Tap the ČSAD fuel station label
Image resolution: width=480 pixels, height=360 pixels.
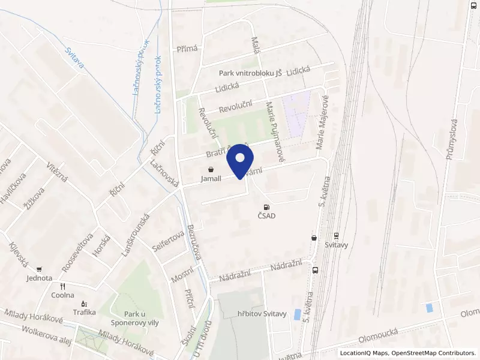coord(266,217)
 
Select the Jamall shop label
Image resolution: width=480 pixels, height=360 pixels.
coord(211,179)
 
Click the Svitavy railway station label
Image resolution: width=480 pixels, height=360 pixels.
coord(336,245)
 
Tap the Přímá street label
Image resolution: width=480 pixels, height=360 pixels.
coord(187,49)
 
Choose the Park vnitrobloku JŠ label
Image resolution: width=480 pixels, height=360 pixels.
coord(250,73)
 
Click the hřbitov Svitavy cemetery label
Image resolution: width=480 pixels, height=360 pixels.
coord(263,314)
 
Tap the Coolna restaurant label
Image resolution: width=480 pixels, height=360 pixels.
coord(62,295)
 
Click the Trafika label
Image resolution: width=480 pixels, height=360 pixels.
coord(84,312)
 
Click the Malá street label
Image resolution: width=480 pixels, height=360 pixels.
coord(254,45)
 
